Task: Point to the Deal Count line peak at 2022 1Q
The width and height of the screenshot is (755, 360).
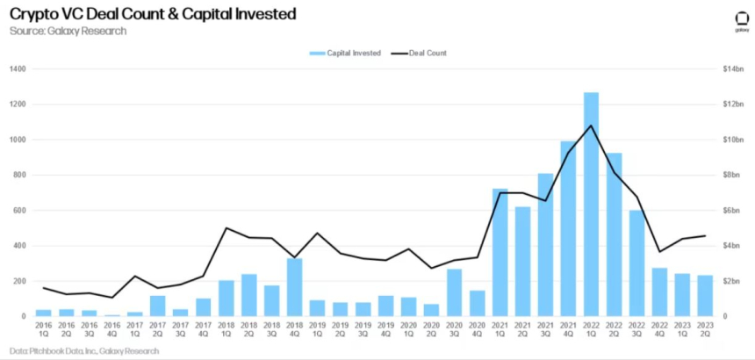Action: coord(591,126)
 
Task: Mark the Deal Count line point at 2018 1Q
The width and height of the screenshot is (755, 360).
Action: coord(226,228)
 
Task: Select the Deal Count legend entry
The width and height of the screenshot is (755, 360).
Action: coord(420,54)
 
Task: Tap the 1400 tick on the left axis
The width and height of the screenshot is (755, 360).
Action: coord(17,69)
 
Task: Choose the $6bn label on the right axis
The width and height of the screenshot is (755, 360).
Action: coord(731,211)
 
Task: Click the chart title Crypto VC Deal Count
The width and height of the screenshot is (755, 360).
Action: coord(153,14)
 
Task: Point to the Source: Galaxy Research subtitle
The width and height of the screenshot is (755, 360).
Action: coord(68,31)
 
